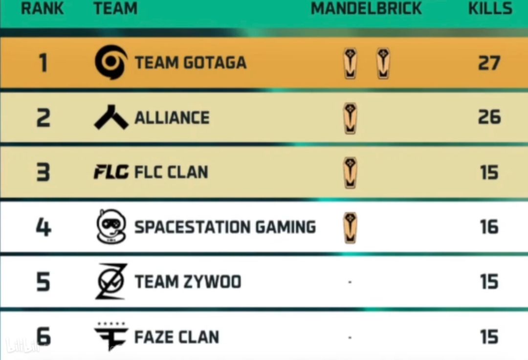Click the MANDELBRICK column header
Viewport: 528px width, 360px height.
pos(366,8)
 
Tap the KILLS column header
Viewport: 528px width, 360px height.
pos(490,8)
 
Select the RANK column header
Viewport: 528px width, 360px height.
pos(42,8)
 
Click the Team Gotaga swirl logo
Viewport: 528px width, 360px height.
pos(111,62)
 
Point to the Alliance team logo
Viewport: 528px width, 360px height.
pos(111,117)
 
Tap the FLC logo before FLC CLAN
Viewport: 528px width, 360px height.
pos(111,172)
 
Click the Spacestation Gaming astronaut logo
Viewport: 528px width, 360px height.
pos(111,226)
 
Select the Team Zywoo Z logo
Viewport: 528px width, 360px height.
pos(111,282)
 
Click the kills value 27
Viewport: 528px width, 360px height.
pos(489,63)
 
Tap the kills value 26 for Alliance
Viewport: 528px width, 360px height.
pos(489,117)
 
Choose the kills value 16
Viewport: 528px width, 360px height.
pos(489,226)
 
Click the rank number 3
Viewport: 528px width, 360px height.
pos(43,172)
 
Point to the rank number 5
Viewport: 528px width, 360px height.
pos(43,282)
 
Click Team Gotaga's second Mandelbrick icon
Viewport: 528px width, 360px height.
pos(383,63)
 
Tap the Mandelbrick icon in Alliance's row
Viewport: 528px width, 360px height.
pos(350,118)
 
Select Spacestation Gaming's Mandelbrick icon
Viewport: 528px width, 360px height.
pos(350,227)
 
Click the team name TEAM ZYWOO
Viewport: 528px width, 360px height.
pos(188,282)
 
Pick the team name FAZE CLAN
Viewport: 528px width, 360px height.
pos(177,337)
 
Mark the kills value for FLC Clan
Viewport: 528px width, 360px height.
pos(489,172)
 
